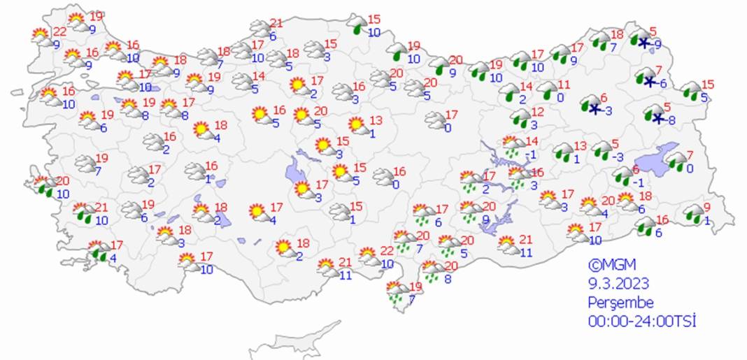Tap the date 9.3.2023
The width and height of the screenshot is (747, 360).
[619, 284]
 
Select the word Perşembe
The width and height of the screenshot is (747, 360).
[620, 303]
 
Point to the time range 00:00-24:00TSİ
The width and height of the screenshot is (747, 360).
[642, 321]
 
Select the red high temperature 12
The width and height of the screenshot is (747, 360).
[537, 113]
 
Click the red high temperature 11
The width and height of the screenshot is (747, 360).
[564, 85]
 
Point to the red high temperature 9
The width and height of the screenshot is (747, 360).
[706, 207]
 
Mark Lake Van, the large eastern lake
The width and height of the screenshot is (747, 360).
[660, 158]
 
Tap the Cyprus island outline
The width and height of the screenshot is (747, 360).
[294, 343]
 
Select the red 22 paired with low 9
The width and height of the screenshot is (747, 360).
[60, 31]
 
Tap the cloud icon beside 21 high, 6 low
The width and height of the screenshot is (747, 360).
[260, 29]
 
